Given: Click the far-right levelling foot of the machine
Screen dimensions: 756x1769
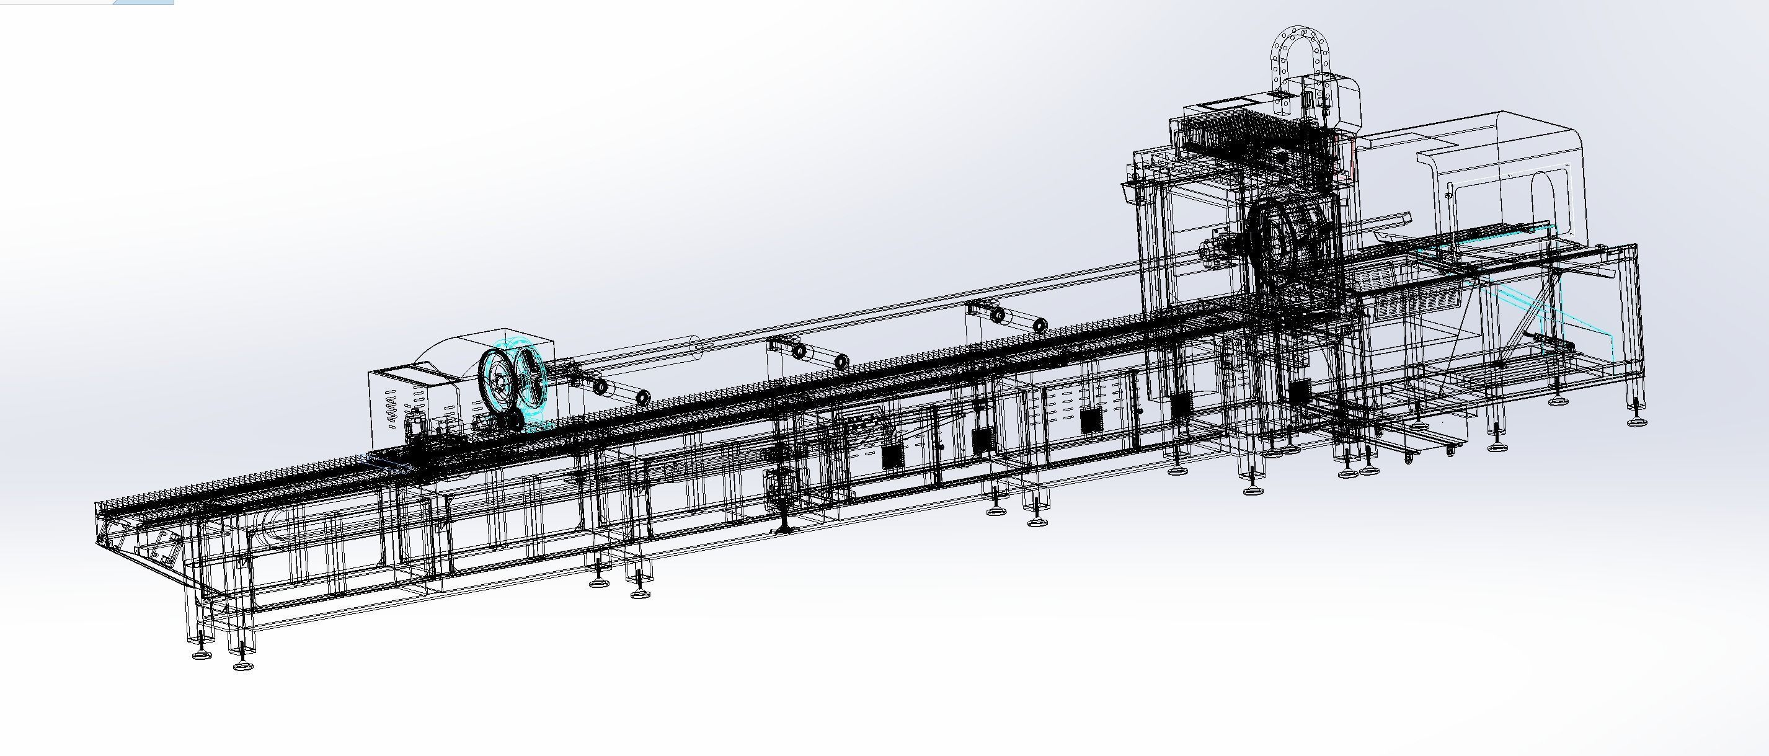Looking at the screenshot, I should tap(1638, 420).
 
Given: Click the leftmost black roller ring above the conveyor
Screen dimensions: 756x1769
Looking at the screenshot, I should tap(601, 387).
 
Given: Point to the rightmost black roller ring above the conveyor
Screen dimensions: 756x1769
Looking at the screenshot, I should tap(1040, 326).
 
